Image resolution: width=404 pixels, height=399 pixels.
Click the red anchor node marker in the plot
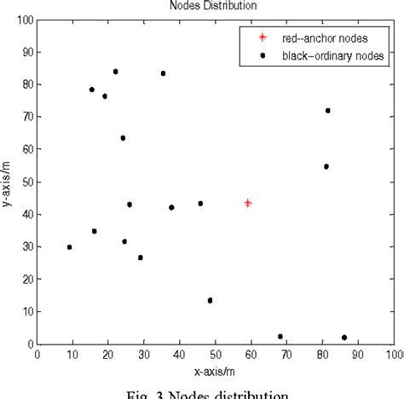(x=248, y=203)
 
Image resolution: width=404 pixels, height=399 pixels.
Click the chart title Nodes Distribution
(x=214, y=5)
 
